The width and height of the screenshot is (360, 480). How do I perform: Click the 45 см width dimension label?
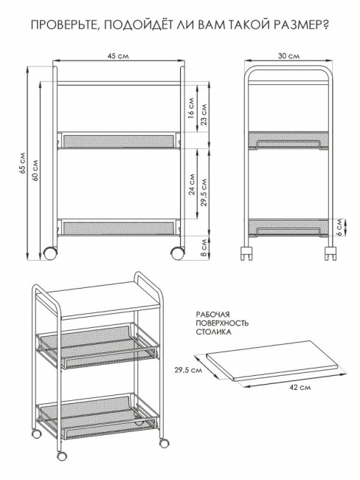(118, 56)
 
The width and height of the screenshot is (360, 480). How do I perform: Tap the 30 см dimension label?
(288, 56)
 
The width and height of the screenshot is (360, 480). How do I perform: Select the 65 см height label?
(22, 163)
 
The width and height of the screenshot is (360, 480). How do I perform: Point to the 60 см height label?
(35, 171)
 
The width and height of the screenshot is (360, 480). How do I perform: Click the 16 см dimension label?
(191, 108)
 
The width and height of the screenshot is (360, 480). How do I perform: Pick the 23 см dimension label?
(204, 114)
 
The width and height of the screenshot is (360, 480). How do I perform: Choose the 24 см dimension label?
(192, 185)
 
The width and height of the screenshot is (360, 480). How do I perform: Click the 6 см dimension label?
(339, 227)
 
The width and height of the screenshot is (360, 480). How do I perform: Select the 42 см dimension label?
(300, 388)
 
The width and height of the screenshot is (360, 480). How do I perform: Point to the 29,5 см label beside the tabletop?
(188, 370)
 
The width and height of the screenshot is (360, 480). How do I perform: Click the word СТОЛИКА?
(213, 332)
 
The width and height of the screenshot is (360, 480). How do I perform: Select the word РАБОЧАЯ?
(213, 315)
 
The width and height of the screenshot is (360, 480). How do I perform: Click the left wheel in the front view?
(50, 253)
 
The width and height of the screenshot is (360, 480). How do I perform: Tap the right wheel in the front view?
(177, 253)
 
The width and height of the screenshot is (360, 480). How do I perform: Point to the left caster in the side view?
(246, 253)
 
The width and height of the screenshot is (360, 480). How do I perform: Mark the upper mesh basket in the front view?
(119, 140)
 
